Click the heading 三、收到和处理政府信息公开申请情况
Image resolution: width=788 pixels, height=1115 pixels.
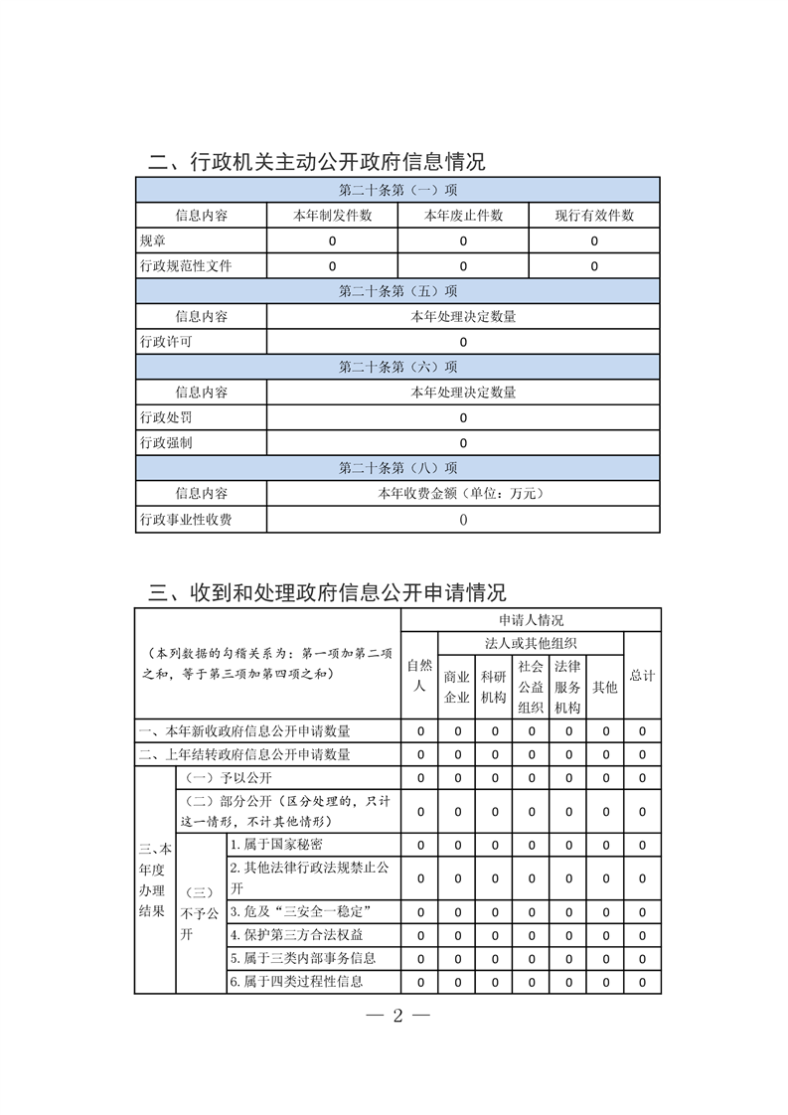(x=327, y=593)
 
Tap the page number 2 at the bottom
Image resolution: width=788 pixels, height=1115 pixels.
(x=396, y=1016)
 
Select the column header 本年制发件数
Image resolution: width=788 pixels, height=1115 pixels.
(x=332, y=215)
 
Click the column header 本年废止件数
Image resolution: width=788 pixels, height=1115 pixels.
(x=463, y=215)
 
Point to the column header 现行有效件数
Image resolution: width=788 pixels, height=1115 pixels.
(x=594, y=215)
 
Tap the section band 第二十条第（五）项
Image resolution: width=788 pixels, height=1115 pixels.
(x=397, y=291)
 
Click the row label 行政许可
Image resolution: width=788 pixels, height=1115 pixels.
(x=166, y=342)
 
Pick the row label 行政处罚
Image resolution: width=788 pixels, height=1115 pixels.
(x=166, y=417)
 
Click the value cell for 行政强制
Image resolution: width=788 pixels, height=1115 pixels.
(x=463, y=443)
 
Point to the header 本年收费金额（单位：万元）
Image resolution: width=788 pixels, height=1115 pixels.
(x=463, y=493)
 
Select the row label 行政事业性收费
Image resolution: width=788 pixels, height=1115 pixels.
(x=186, y=519)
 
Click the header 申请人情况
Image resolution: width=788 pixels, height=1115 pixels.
(x=531, y=619)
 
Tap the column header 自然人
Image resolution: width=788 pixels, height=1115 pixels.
(x=419, y=676)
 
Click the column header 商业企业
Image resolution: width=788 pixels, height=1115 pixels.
(x=456, y=687)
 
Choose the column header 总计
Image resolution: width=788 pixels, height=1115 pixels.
(x=642, y=676)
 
